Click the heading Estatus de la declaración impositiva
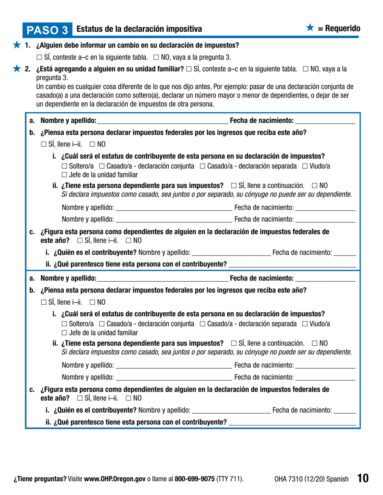139,29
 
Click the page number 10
362,478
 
